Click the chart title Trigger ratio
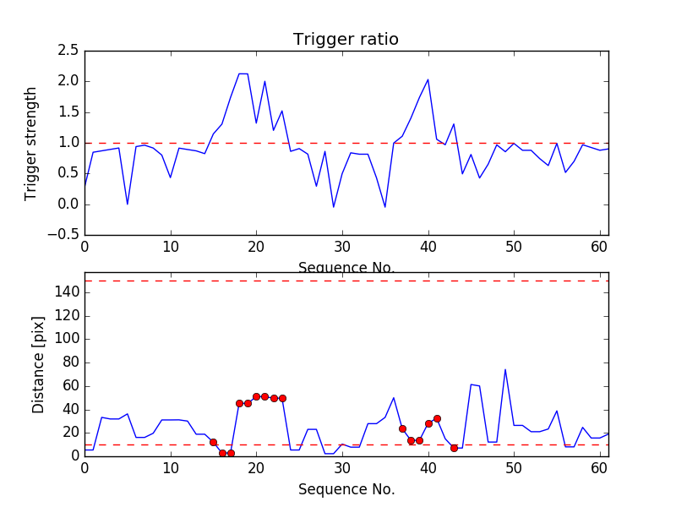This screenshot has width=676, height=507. coord(346,40)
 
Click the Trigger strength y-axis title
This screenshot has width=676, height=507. coord(31,143)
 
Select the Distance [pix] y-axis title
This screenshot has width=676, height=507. coord(39,364)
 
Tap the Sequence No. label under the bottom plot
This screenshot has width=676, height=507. coord(346,489)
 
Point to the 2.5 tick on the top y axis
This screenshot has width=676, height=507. coord(68,51)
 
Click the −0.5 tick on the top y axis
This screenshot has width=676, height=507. coord(63,235)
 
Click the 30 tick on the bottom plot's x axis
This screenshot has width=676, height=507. coord(342,467)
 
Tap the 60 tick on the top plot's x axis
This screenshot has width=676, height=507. coord(600,246)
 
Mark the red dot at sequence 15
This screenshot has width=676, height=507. coord(213,442)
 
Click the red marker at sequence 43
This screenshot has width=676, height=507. coord(454,448)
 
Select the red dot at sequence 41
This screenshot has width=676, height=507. coord(437,418)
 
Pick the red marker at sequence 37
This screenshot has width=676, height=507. coord(402,428)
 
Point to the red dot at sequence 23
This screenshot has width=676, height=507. coord(282,398)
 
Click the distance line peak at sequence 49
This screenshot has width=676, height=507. coord(505,369)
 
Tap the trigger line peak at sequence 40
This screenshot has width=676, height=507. coord(428,79)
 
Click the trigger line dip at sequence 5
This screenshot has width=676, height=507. coord(128,204)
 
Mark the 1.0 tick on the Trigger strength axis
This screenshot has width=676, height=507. coord(68,143)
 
